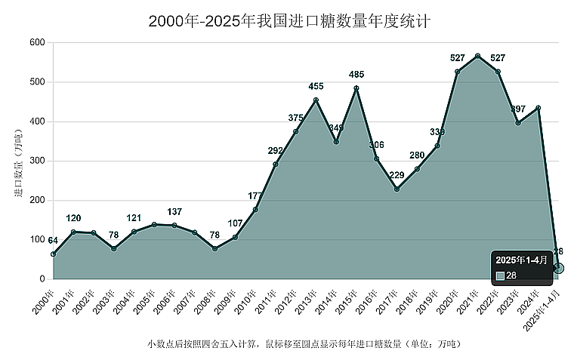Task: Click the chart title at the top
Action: tap(289, 21)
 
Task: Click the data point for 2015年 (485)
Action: tap(356, 88)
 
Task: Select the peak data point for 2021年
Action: tap(478, 56)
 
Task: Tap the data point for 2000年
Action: tap(53, 254)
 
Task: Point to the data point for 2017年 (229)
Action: tap(397, 189)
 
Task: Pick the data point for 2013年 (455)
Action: tap(316, 100)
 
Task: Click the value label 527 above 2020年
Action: tap(458, 58)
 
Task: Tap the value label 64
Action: tap(53, 240)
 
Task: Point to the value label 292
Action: tap(276, 150)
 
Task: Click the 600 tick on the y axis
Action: tap(38, 42)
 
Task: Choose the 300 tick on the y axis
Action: tap(38, 161)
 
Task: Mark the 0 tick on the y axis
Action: tap(42, 279)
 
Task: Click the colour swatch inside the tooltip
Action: tap(500, 275)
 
